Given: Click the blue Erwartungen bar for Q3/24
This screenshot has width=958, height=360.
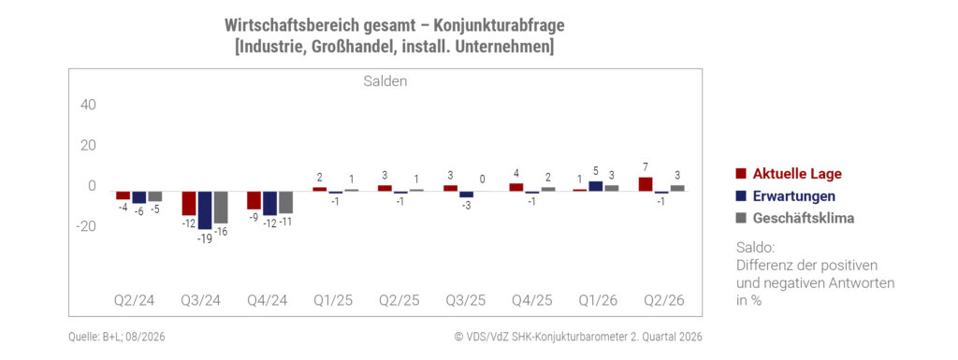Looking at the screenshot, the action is tap(205, 210).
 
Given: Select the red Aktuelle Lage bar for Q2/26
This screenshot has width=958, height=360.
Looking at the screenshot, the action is tap(646, 184).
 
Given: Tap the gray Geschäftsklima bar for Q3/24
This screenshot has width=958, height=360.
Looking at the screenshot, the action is tap(221, 208).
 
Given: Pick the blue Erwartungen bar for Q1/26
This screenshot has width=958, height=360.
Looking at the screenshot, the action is tap(596, 187).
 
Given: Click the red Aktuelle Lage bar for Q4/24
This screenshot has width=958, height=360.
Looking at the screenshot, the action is tap(254, 201).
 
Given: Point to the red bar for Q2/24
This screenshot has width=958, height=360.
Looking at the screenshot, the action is tap(123, 195).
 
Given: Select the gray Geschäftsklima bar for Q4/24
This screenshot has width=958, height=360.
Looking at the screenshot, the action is tap(286, 203).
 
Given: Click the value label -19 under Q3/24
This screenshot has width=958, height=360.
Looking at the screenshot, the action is tap(205, 238).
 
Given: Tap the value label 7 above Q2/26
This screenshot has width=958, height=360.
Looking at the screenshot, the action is tap(646, 167).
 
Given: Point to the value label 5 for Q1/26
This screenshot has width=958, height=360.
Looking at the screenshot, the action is tap(596, 171).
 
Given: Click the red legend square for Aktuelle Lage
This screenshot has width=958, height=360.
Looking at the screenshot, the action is tap(741, 174).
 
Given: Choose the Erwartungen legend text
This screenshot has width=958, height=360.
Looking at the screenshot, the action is tap(793, 195).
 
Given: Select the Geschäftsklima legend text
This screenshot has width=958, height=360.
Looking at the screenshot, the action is tap(804, 219).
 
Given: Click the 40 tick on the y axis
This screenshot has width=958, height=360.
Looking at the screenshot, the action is tap(89, 105).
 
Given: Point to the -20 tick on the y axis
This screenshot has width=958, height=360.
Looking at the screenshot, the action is tap(85, 226).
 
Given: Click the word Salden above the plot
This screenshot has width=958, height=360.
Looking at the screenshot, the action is tap(385, 81).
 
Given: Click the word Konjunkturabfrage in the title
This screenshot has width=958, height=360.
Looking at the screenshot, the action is tap(500, 25).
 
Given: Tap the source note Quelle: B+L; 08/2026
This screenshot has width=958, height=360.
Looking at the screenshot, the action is tap(117, 337).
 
